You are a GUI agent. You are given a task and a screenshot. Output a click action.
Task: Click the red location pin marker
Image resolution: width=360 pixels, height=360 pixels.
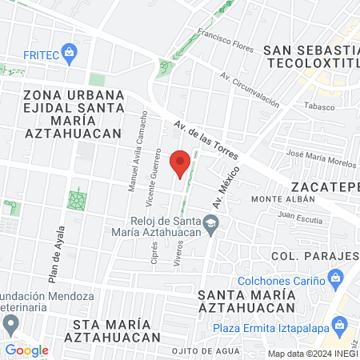coord(181,162)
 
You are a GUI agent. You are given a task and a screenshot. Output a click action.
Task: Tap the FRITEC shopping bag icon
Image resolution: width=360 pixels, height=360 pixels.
coord(70,54)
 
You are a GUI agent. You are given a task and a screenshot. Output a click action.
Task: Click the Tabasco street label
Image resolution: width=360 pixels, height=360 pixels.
coord(318,105)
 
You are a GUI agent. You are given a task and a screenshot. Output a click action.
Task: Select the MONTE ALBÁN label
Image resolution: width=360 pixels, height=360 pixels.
coord(278,198)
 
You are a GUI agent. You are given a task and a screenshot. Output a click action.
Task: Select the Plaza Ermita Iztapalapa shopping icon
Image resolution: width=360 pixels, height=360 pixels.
coord(341,327)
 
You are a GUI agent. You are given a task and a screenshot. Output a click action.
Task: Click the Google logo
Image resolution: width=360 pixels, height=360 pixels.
coord(26,350)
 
